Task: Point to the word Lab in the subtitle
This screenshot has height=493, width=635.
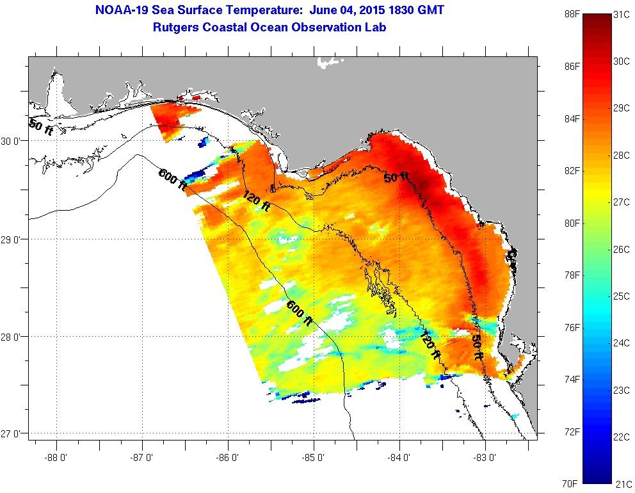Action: click(376, 28)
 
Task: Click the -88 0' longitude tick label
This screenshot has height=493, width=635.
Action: click(57, 458)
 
